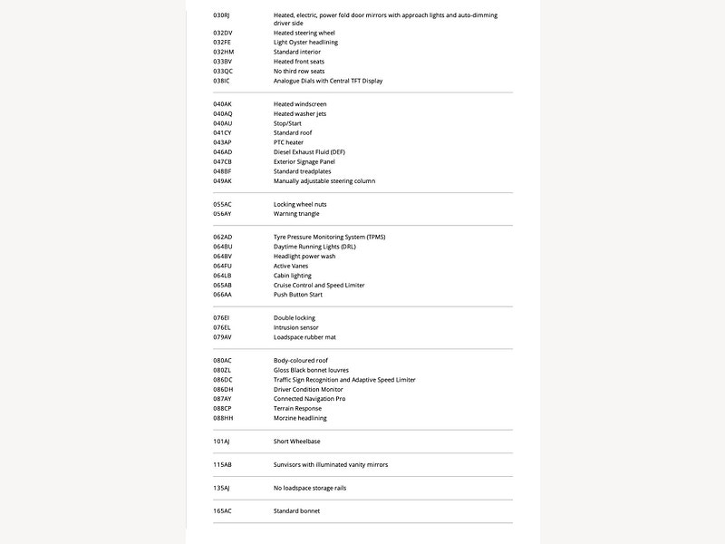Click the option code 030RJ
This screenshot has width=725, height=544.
(222, 15)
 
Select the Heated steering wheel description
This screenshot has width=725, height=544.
(304, 33)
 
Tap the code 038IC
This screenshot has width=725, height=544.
(222, 81)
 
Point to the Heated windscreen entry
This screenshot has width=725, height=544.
(300, 104)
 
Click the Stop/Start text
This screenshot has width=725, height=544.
(287, 123)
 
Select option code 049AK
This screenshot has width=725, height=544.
(223, 180)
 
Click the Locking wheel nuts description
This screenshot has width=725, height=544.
(300, 204)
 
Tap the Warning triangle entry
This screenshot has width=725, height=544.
(295, 214)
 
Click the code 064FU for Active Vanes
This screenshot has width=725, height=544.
(223, 266)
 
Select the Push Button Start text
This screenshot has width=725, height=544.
(298, 295)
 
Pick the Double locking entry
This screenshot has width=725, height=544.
(295, 318)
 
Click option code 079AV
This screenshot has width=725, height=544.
(223, 337)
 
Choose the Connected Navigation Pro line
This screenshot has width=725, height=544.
(309, 399)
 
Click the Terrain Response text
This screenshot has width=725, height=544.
(297, 408)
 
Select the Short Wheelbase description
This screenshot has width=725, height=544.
(296, 442)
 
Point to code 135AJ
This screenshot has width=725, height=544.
(222, 488)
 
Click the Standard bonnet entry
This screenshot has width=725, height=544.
(296, 511)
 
